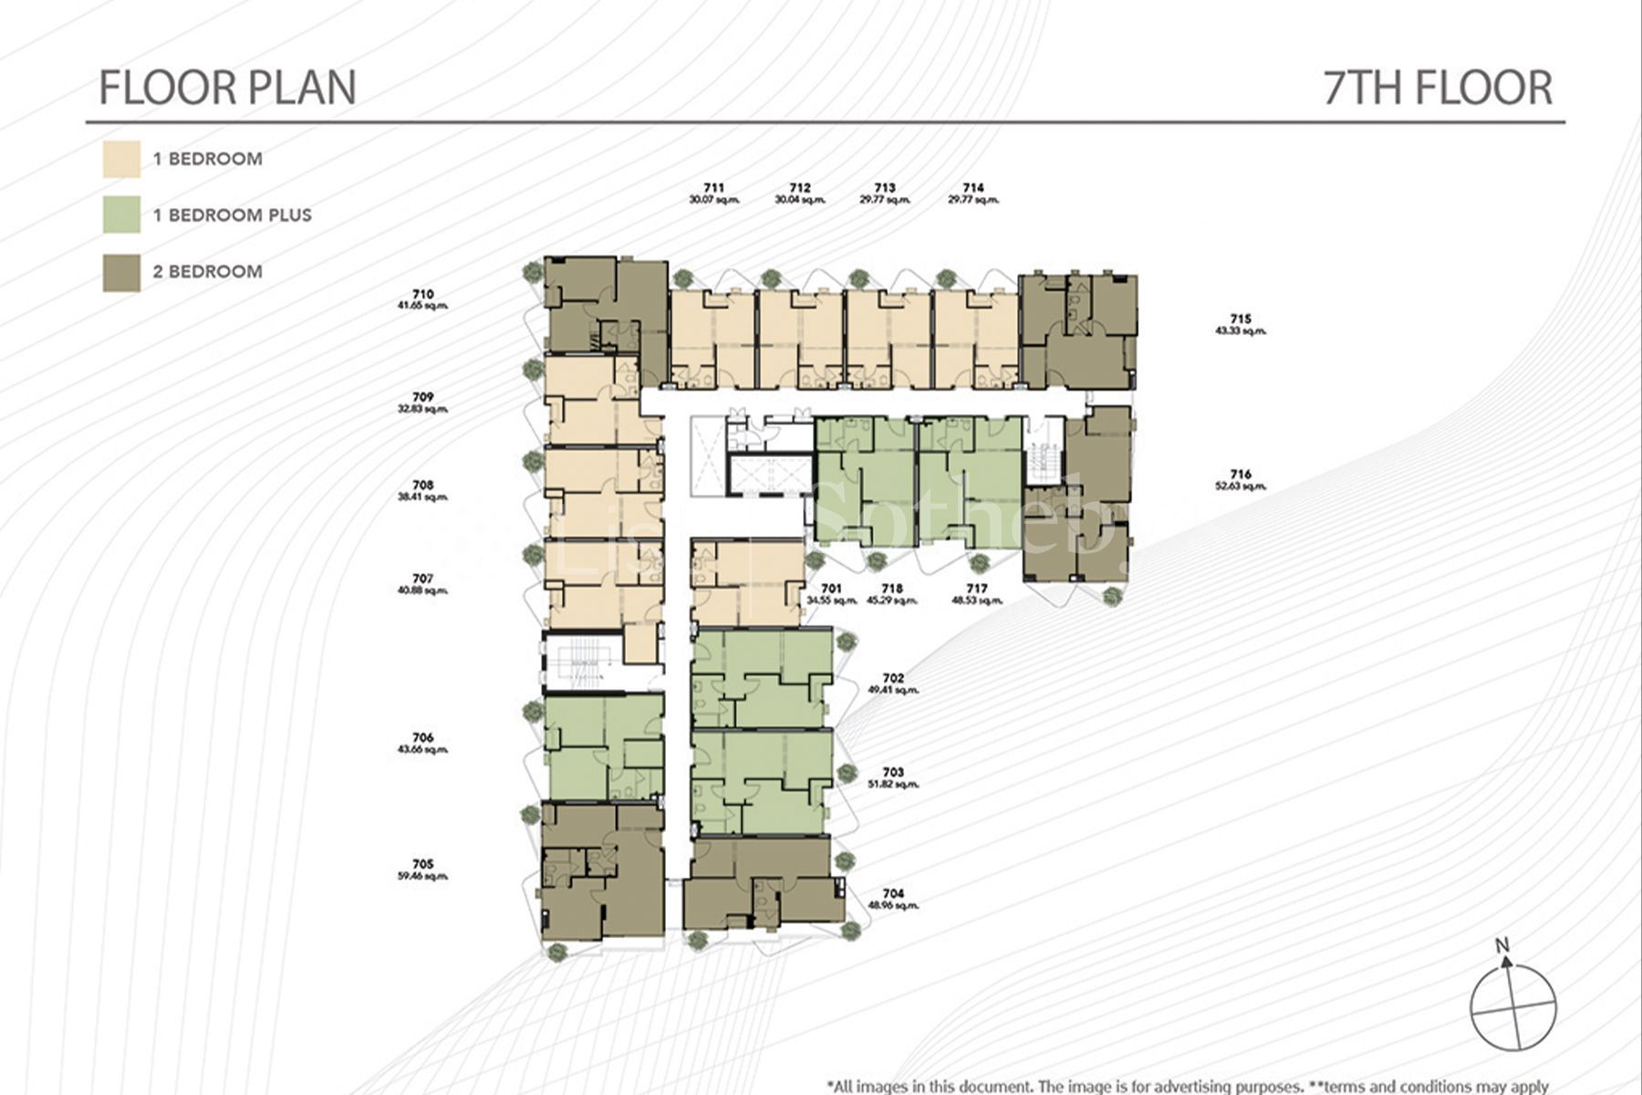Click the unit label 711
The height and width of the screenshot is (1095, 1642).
pyautogui.click(x=714, y=188)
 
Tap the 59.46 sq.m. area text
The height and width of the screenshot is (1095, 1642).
pyautogui.click(x=422, y=876)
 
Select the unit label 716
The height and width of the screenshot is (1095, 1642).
pyautogui.click(x=1241, y=474)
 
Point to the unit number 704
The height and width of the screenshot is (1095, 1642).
pyautogui.click(x=893, y=894)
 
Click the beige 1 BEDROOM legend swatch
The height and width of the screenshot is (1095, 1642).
pyautogui.click(x=121, y=159)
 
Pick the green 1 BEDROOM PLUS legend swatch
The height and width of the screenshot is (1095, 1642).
pyautogui.click(x=121, y=215)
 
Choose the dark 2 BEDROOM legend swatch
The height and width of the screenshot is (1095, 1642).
pyautogui.click(x=121, y=272)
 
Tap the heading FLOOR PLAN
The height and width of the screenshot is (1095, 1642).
pyautogui.click(x=227, y=88)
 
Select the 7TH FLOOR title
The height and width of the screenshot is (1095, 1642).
pyautogui.click(x=1438, y=88)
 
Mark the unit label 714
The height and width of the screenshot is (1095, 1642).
pyautogui.click(x=973, y=188)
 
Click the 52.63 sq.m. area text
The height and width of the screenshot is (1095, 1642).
pyautogui.click(x=1241, y=486)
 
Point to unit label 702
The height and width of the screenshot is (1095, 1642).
pyautogui.click(x=893, y=678)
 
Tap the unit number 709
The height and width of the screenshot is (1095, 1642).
pyautogui.click(x=422, y=398)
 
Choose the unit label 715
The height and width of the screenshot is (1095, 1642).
pyautogui.click(x=1241, y=319)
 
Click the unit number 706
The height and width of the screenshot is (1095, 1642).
pyautogui.click(x=422, y=737)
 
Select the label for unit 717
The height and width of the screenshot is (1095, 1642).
pyautogui.click(x=977, y=589)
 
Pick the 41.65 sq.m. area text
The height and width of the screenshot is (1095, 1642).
pyautogui.click(x=422, y=306)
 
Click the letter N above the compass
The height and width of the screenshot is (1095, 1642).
pyautogui.click(x=1502, y=945)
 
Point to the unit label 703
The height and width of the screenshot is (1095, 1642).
pyautogui.click(x=893, y=773)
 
